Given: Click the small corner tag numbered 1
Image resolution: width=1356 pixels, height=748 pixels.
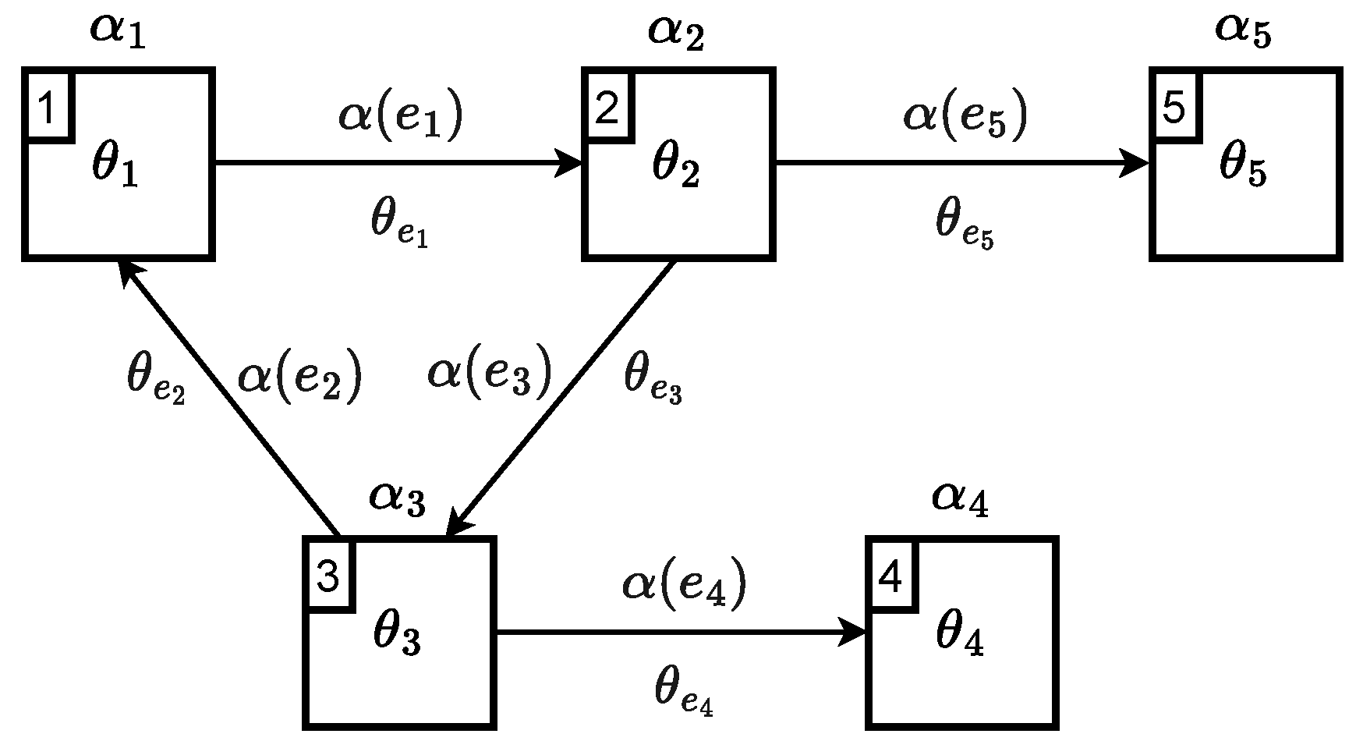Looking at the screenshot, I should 47,108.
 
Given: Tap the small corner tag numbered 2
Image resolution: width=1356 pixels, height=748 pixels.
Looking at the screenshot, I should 607,108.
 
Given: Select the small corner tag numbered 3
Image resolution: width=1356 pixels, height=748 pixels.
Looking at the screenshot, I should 328,577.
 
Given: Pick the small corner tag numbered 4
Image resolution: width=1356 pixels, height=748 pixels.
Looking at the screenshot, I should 891,577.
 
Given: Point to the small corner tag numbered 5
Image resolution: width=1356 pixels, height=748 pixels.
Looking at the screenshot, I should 1174,108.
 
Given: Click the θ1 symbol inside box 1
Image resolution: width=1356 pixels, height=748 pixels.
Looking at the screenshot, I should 115,167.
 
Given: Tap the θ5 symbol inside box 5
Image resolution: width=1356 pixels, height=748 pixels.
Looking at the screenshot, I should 1242,167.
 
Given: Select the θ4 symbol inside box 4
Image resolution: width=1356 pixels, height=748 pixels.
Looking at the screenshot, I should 959,636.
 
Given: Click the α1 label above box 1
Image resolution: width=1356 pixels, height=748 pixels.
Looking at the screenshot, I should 118,30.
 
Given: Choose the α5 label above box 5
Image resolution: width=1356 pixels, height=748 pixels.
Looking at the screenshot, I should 1243,30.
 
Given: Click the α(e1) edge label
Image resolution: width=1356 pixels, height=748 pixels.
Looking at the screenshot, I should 401,117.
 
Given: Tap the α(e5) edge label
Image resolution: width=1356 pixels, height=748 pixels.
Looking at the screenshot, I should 965,117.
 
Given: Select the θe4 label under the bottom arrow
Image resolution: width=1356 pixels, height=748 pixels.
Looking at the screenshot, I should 683,690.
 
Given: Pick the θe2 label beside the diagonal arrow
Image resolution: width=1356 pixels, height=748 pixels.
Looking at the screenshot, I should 155,378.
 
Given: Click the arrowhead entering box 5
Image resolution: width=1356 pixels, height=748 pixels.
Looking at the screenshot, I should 1135,164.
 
